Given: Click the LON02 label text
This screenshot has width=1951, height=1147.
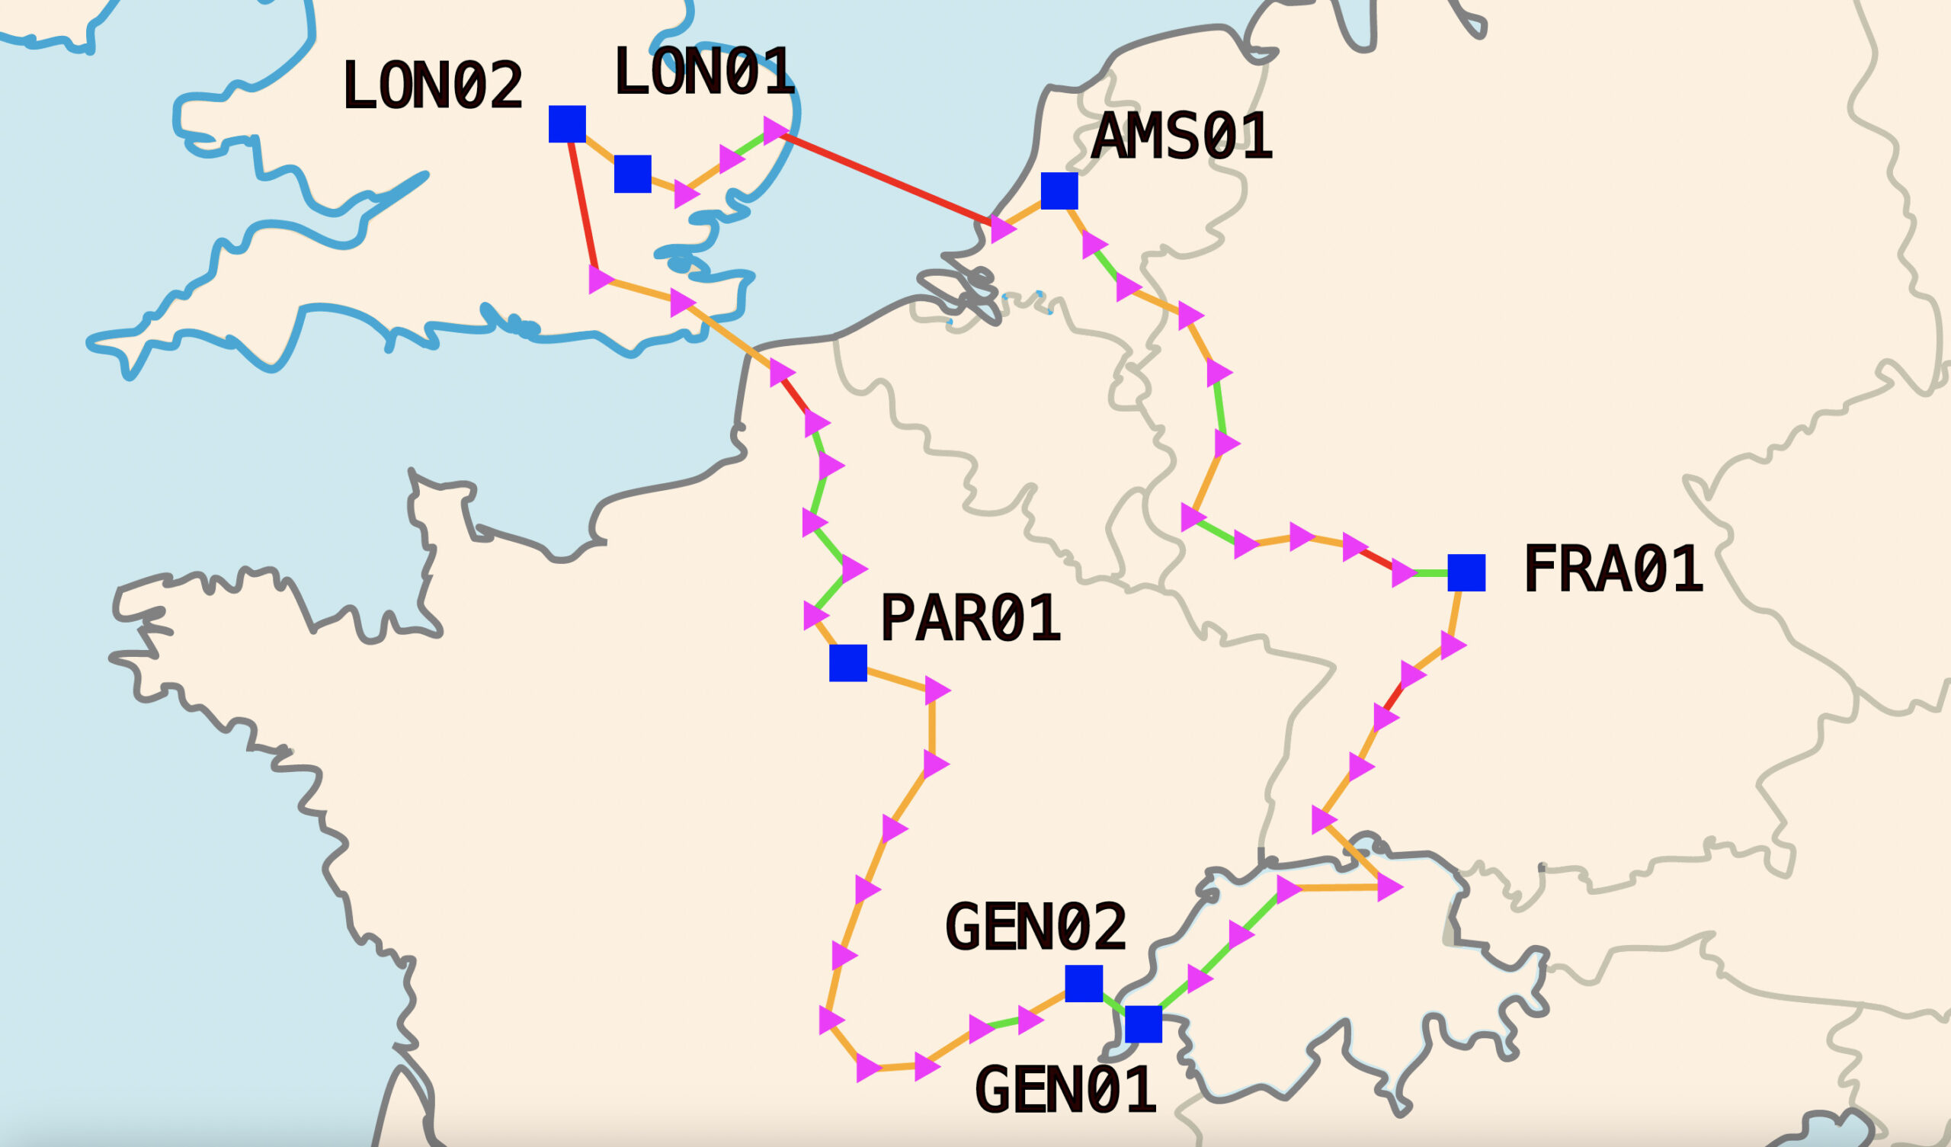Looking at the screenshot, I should pos(432,85).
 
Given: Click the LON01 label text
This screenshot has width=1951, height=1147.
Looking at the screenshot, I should pos(703,72).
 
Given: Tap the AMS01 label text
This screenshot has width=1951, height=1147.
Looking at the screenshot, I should pos(1181,136).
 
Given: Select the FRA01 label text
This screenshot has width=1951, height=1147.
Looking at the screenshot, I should pos(1613,569).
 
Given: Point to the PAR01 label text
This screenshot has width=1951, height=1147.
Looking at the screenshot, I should pos(969,618).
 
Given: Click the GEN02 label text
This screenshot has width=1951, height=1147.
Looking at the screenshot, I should pos(1035,927).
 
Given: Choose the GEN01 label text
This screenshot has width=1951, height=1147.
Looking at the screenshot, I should pos(1065,1090).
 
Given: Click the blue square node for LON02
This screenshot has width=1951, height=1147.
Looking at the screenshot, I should pos(568,124).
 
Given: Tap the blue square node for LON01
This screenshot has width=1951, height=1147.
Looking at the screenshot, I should pos(633,175).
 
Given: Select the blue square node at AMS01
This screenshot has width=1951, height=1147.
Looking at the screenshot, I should pos(1059,191).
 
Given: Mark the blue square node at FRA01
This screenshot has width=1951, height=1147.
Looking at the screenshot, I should pos(1466,572).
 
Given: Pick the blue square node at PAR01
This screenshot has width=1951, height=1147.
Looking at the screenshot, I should pos(847,663).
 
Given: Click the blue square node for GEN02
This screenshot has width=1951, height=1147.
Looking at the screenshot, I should pos(1084,984).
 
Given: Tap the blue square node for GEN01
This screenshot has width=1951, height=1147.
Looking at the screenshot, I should pos(1143,1024).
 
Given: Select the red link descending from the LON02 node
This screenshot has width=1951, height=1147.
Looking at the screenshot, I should pos(583,205).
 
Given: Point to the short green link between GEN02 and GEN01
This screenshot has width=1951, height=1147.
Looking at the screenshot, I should pos(1113,1004).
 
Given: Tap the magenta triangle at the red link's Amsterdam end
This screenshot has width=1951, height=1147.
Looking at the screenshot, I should pos(1002,229).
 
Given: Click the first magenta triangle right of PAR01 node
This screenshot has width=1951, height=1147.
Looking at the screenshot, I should pos(936,690).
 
